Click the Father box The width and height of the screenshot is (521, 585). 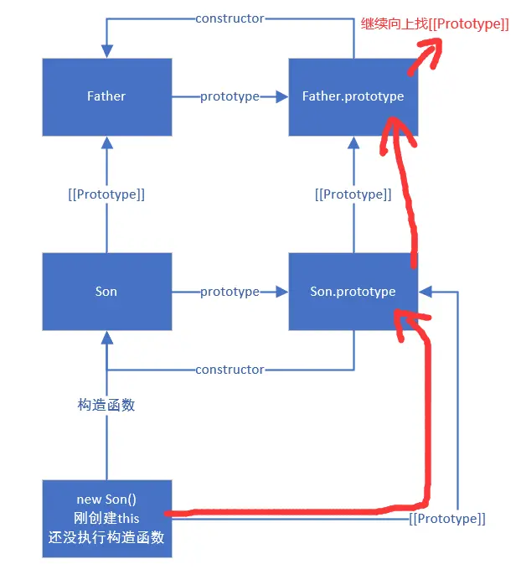(x=106, y=96)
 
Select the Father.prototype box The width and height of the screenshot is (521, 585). (x=353, y=96)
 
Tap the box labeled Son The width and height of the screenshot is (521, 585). (x=106, y=292)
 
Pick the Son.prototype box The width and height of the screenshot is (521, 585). (x=353, y=292)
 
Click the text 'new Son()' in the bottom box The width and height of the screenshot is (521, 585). (x=106, y=500)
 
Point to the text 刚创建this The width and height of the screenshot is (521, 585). (x=106, y=519)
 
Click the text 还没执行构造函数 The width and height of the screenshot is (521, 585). (x=106, y=538)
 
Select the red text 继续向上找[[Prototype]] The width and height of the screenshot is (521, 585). (x=434, y=24)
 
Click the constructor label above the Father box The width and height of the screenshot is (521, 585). (x=230, y=18)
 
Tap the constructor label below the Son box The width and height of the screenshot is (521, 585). (x=230, y=370)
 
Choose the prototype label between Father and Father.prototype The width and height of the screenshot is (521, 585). (x=230, y=96)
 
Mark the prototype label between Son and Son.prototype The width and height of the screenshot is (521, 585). (x=230, y=292)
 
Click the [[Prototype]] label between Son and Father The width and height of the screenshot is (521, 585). (x=106, y=194)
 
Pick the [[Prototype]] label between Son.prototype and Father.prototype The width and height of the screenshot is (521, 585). (x=353, y=194)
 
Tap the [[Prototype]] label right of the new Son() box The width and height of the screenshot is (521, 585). (x=447, y=519)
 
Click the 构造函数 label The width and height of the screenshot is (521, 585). (x=106, y=405)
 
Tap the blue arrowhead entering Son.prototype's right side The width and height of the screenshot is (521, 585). (x=426, y=292)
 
